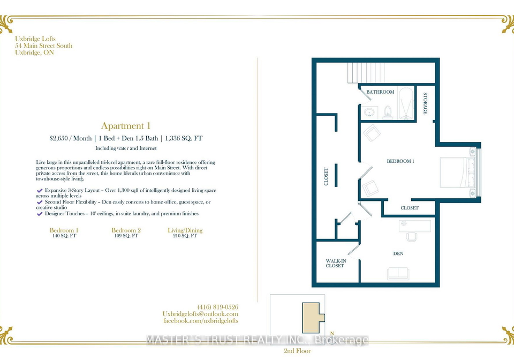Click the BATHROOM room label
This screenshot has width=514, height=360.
380,92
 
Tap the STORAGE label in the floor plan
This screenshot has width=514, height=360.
425,103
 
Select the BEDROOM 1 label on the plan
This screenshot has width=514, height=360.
400,161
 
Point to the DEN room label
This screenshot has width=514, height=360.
398,253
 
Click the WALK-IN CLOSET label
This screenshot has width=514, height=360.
336,263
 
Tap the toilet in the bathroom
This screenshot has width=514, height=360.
388,112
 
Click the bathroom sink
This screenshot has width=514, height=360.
370,112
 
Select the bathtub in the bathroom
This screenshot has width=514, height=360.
406,103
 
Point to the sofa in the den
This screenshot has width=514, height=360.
398,273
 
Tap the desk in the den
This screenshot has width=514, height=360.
414,226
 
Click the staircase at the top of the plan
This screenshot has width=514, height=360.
366,73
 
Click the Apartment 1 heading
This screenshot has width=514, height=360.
125,126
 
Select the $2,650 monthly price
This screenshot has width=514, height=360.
59,138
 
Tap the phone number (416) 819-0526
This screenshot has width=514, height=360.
218,307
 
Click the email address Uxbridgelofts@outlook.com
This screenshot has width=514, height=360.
200,314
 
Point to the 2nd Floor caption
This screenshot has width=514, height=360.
297,351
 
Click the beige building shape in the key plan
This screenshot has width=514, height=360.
312,317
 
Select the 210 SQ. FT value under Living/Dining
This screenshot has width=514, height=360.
185,236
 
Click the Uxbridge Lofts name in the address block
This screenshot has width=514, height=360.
35,39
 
